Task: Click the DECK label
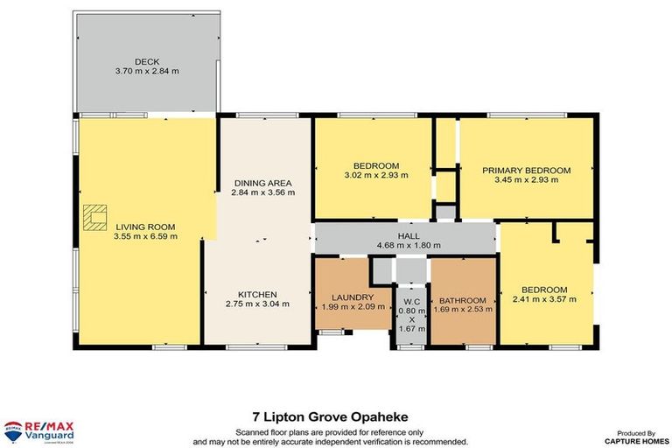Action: [x=145, y=61]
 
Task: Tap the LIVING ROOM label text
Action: [x=145, y=226]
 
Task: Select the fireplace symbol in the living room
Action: [x=94, y=215]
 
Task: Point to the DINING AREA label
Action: [x=262, y=182]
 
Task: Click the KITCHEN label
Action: [x=256, y=294]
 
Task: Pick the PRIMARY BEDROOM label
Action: [x=526, y=171]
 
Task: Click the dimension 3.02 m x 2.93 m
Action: [x=376, y=175]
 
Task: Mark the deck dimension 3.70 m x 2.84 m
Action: [x=145, y=72]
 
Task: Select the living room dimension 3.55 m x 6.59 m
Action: [x=145, y=235]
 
